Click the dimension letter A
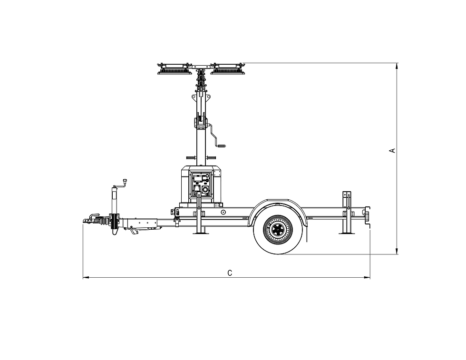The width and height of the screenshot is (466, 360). (393, 150)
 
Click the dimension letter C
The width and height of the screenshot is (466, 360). (230, 273)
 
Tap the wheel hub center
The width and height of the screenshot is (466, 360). (278, 229)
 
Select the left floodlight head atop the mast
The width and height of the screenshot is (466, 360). (174, 69)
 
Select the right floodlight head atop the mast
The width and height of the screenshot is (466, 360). (228, 69)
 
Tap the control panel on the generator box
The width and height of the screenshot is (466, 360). (201, 184)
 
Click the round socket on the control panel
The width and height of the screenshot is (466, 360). (205, 189)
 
